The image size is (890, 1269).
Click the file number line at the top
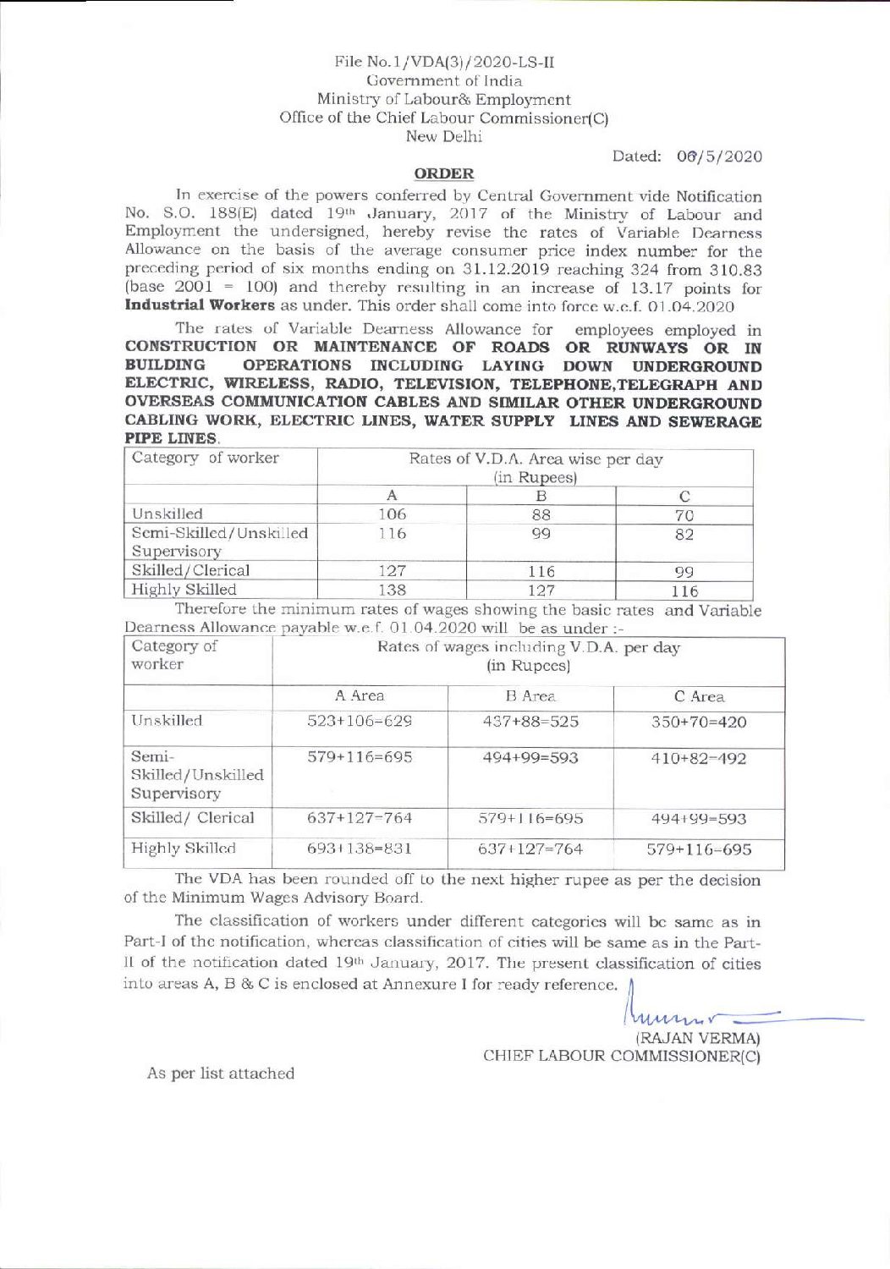point(444,62)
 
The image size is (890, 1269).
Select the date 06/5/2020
point(719,157)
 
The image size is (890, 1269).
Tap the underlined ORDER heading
point(444,173)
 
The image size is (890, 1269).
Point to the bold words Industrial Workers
point(200,305)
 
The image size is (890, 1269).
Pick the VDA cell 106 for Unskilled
point(393,514)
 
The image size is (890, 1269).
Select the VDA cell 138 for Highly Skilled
point(393,590)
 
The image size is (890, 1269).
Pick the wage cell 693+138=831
point(360,849)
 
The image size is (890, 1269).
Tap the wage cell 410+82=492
point(699,759)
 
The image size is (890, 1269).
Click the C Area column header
point(699,697)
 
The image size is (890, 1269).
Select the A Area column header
point(360,696)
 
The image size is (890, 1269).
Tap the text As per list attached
point(221,1074)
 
